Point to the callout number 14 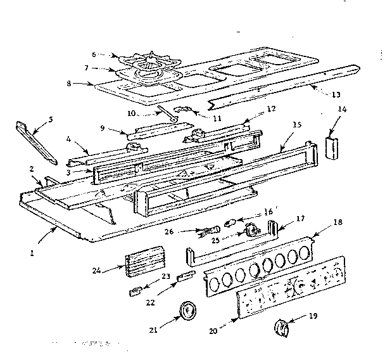click(343, 127)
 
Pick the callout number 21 click(153, 329)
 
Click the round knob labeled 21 click(187, 311)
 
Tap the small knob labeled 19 click(281, 328)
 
